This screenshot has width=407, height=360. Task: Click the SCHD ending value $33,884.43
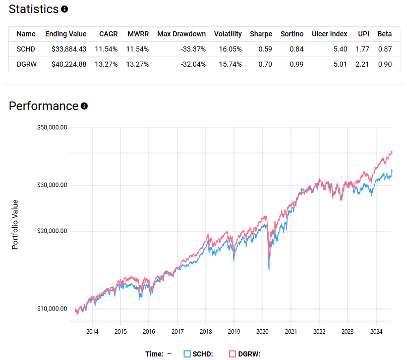tap(66, 49)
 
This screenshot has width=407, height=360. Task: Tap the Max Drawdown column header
tap(182, 34)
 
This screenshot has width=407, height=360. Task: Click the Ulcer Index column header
tap(329, 34)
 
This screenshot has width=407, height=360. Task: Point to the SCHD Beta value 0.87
tap(385, 49)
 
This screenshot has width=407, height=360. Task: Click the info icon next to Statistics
tap(64, 9)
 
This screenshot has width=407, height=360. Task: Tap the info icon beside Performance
tap(84, 106)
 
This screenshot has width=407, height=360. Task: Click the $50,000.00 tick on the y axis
tap(52, 128)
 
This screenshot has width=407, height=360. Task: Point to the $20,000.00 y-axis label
tap(52, 231)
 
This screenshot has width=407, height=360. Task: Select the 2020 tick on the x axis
tap(262, 331)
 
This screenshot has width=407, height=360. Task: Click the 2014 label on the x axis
tap(92, 331)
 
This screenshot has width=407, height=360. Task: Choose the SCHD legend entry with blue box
tap(198, 354)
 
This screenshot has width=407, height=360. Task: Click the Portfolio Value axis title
tap(15, 224)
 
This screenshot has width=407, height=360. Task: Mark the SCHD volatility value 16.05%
tap(227, 49)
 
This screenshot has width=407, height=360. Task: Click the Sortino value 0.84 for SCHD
tap(297, 49)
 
